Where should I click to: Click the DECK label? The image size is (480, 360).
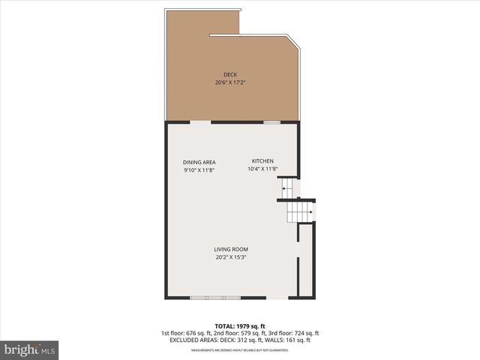click(230, 74)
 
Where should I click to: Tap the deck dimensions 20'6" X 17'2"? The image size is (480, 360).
click(230, 82)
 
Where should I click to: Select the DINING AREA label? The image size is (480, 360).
click(199, 162)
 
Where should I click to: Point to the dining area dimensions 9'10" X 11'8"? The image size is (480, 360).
click(199, 170)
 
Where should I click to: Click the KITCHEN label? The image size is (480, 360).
click(262, 161)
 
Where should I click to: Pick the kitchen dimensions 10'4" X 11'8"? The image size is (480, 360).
click(262, 169)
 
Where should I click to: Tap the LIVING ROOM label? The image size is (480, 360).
click(231, 250)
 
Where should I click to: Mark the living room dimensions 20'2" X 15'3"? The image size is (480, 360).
click(231, 258)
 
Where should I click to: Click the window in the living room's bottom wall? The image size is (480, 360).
click(214, 298)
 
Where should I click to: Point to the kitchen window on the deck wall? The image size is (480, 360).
click(271, 121)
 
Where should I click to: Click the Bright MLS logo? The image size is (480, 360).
click(30, 349)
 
